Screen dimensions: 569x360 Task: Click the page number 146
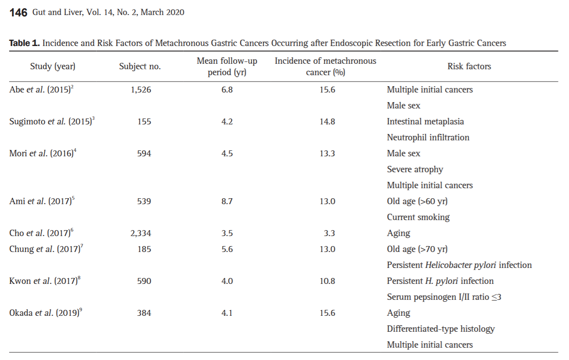click(x=18, y=12)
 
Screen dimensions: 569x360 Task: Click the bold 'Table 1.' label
click(x=25, y=43)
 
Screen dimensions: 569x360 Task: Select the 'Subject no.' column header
click(x=140, y=67)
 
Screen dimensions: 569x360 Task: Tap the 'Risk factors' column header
click(x=469, y=67)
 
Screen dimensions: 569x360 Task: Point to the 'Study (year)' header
click(x=52, y=67)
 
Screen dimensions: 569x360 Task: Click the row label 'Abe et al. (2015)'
click(x=41, y=89)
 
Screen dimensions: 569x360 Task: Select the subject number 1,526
click(x=141, y=90)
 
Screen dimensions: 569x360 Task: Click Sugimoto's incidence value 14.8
click(x=327, y=121)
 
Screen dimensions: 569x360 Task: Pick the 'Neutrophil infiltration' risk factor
click(x=428, y=138)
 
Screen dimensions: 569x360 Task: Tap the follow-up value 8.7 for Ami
click(x=227, y=201)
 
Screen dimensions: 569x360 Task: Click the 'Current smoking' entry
click(x=418, y=217)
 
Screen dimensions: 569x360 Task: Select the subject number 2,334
click(x=141, y=233)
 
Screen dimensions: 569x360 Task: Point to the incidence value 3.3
click(x=329, y=233)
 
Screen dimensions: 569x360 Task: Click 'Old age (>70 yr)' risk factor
click(x=417, y=249)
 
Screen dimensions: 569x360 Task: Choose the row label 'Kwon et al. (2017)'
click(x=45, y=281)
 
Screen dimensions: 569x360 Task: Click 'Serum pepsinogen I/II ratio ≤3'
click(x=444, y=297)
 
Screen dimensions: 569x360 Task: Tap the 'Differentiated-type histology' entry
click(x=441, y=329)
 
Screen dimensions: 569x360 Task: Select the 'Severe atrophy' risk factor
click(x=415, y=170)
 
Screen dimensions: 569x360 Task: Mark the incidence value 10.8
click(x=327, y=281)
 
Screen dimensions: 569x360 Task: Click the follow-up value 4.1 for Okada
click(x=227, y=313)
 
